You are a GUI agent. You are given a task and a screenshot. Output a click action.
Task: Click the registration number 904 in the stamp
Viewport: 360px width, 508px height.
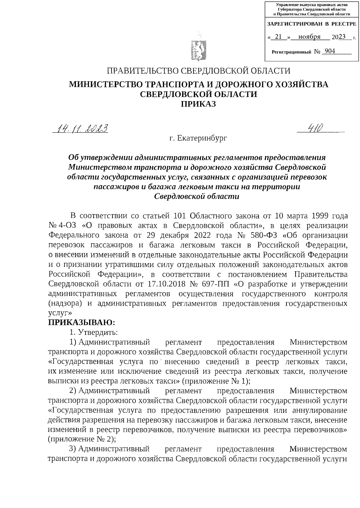pyautogui.click(x=330, y=51)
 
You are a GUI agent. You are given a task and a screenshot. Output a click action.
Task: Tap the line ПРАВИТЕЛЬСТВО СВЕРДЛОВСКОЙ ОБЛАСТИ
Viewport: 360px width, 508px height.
pyautogui.click(x=199, y=71)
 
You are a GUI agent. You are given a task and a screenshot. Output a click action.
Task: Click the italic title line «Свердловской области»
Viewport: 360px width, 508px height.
pyautogui.click(x=196, y=197)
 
